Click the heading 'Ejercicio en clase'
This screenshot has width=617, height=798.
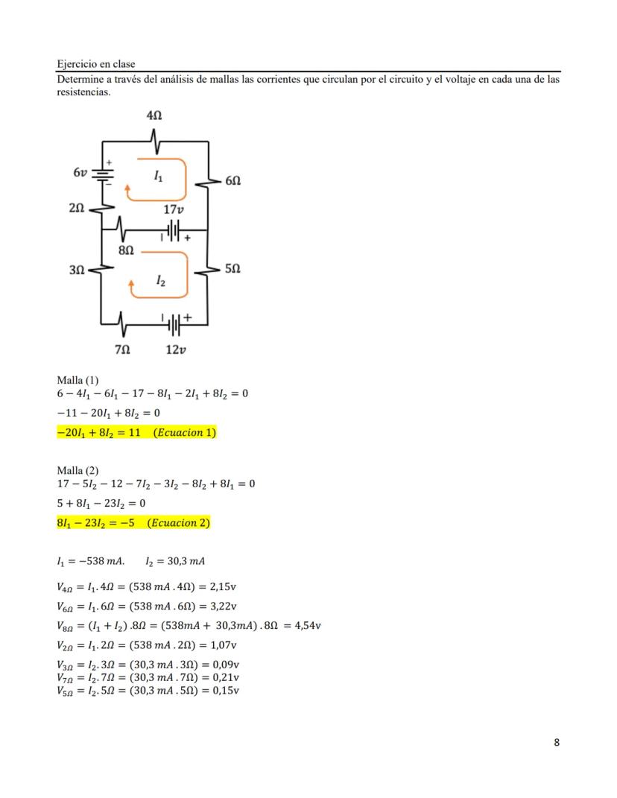95,64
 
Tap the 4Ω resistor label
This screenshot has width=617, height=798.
154,116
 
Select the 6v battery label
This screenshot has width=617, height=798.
80,172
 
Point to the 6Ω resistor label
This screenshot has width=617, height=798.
232,181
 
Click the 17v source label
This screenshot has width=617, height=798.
174,210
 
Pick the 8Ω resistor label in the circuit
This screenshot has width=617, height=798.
127,251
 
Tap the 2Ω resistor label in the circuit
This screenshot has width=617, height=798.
76,210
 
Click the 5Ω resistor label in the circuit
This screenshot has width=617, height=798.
232,267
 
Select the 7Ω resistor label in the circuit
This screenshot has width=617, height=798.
122,349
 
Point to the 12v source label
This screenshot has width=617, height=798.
174,349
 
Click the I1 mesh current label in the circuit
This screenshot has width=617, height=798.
157,177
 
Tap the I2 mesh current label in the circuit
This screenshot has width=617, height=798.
160,280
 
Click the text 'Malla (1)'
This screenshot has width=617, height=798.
77,380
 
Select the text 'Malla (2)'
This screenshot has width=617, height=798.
77,470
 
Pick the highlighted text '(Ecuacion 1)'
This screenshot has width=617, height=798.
184,433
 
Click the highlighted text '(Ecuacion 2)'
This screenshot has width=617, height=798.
178,523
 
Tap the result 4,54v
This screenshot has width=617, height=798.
308,625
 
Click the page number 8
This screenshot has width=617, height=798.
557,742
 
